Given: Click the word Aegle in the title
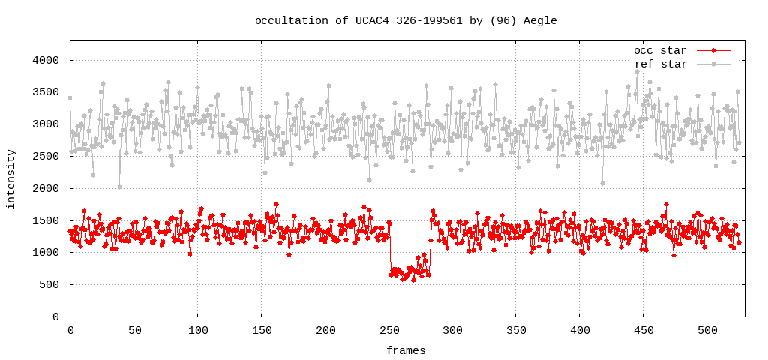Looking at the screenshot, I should tap(540, 21).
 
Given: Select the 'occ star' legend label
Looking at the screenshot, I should tap(660, 51).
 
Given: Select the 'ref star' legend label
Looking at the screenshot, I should tap(660, 64).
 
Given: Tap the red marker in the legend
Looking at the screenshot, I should tap(714, 51).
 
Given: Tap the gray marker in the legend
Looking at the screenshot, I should tap(714, 64).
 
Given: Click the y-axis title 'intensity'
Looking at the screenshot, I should tap(11, 178).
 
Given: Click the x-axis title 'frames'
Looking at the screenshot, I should tap(406, 351).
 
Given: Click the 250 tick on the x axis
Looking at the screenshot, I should tap(388, 330).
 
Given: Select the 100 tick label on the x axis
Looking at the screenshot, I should tap(198, 330).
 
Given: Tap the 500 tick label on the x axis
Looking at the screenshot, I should tap(707, 330).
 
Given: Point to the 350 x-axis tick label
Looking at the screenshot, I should tap(516, 330).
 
